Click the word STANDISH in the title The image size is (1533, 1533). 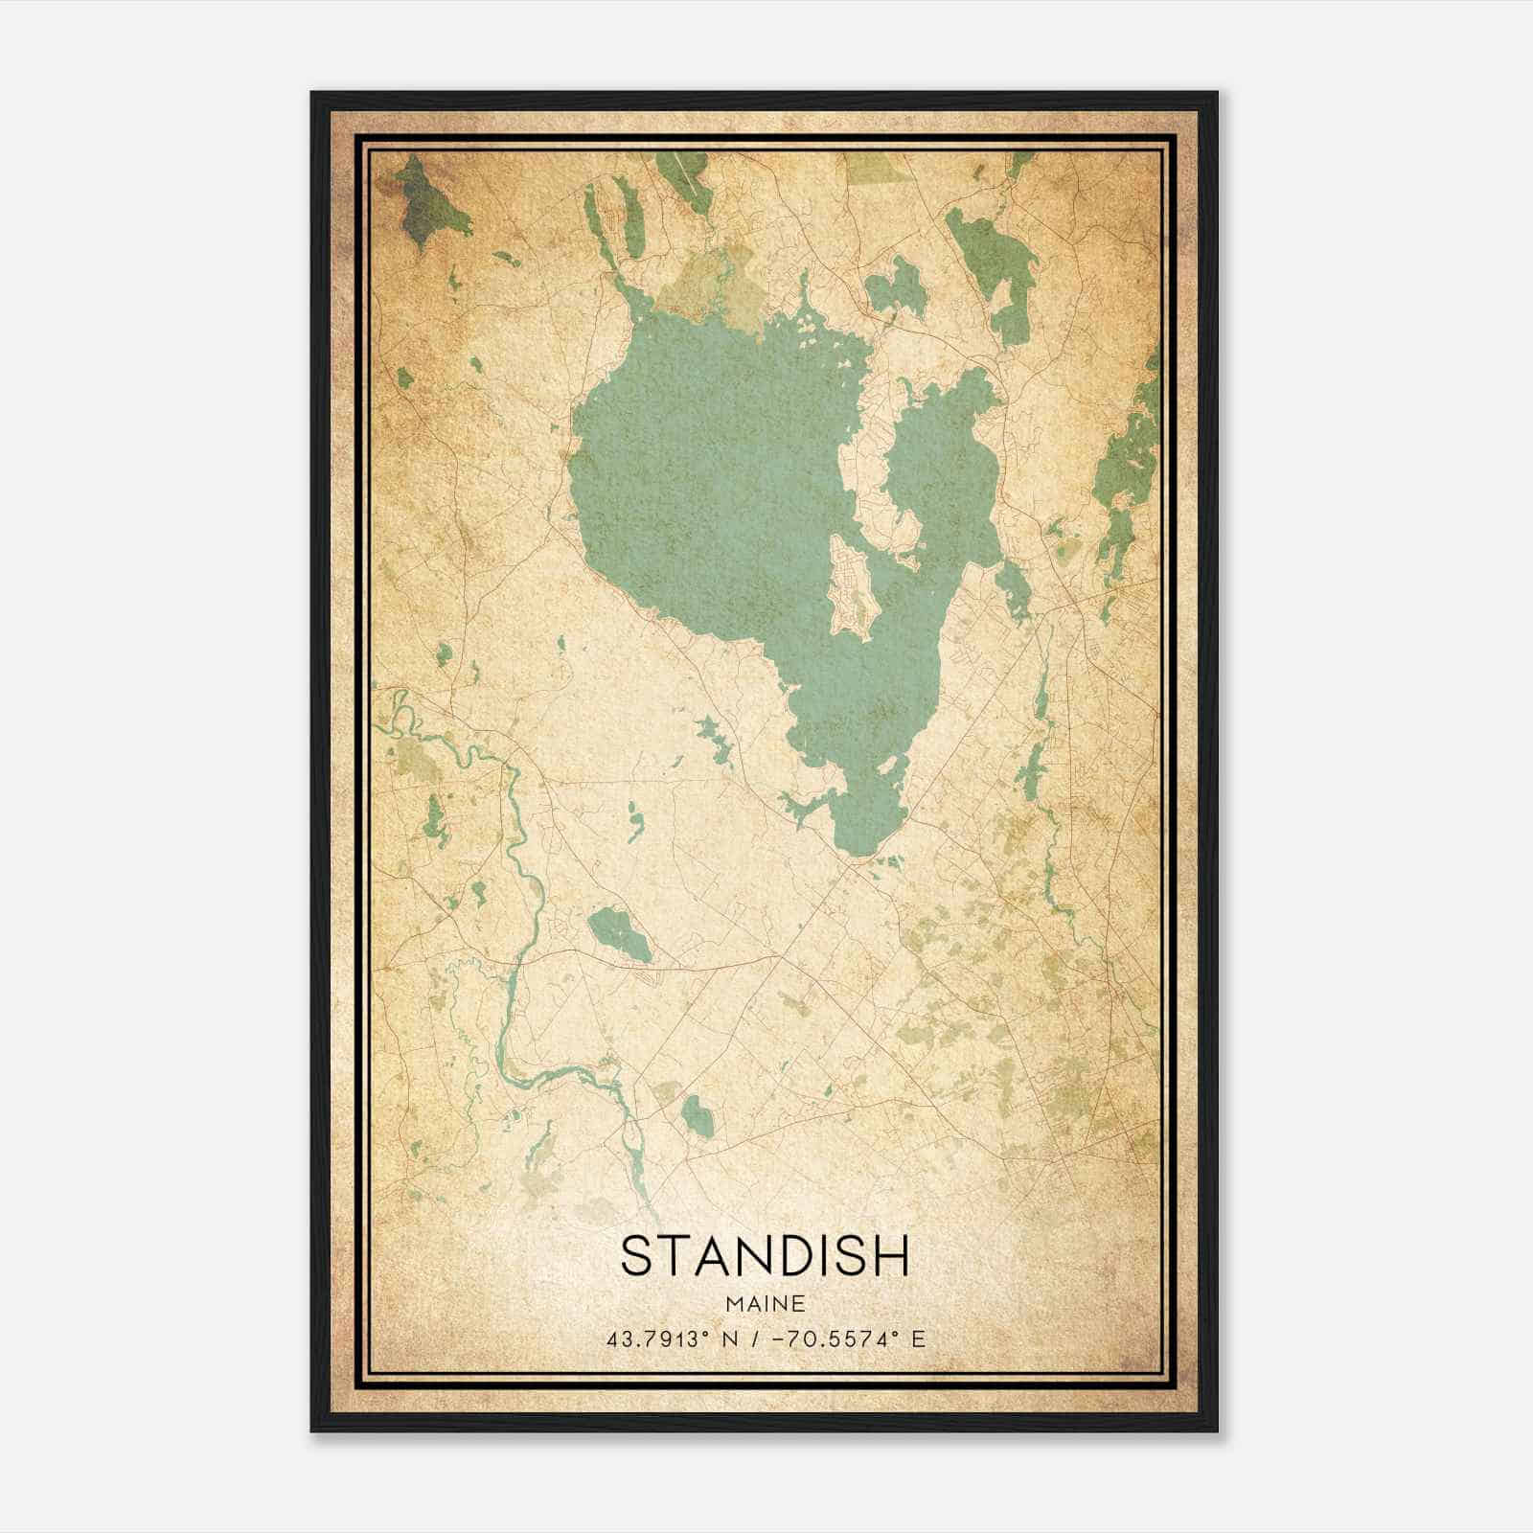point(765,1256)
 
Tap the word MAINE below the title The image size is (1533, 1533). point(765,1304)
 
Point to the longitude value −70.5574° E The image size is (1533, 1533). point(844,1339)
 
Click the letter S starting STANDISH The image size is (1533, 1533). point(636,1256)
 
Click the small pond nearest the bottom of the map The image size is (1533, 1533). point(698,1115)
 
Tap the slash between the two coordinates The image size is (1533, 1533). point(762,1339)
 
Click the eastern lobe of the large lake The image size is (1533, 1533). point(944,460)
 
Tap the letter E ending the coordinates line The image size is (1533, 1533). point(919,1339)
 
